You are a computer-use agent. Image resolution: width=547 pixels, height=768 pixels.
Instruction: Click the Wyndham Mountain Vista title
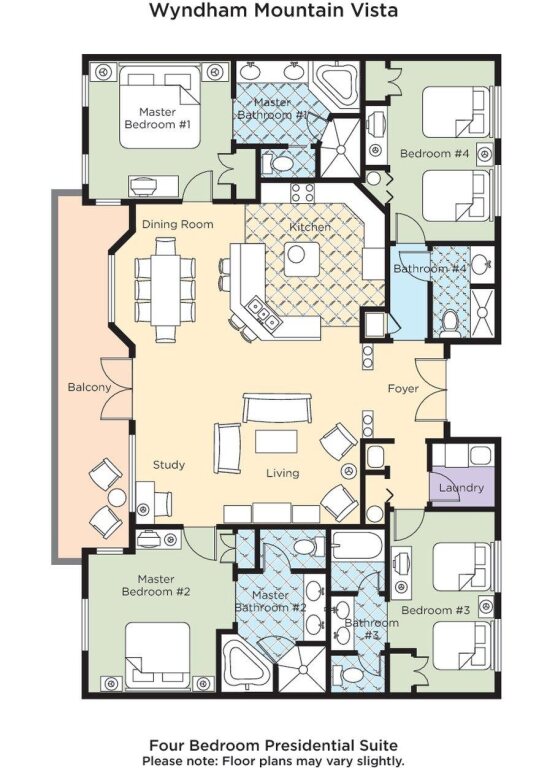[273, 10]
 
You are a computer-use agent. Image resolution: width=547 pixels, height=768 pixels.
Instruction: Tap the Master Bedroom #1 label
[157, 118]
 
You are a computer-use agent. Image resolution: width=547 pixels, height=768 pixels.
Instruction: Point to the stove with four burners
[303, 193]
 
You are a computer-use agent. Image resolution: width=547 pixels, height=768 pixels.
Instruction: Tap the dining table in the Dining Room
[166, 289]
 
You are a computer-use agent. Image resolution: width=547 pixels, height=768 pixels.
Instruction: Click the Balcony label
[89, 387]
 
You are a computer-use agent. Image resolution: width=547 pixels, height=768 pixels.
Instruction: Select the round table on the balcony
[117, 498]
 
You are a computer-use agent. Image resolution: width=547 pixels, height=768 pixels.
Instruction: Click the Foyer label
[403, 389]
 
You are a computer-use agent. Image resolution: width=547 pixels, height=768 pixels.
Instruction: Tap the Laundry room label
[461, 488]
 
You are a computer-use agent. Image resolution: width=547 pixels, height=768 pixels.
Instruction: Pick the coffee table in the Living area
[276, 441]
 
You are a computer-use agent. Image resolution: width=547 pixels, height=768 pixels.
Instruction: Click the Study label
[168, 465]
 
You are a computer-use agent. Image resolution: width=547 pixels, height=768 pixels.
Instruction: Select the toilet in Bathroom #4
[449, 324]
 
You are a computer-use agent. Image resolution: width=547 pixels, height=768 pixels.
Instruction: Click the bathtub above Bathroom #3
[357, 546]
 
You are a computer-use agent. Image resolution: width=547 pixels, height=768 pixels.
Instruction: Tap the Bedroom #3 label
[435, 610]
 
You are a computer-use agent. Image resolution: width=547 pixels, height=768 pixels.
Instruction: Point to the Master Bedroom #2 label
[156, 586]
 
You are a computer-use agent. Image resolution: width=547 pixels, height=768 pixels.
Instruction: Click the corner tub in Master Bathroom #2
[244, 661]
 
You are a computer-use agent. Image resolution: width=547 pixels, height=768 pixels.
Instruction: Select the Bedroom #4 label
[434, 154]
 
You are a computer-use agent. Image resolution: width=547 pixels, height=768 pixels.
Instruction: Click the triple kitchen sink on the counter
[263, 313]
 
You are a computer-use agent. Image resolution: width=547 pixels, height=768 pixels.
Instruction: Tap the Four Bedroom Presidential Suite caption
[273, 745]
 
